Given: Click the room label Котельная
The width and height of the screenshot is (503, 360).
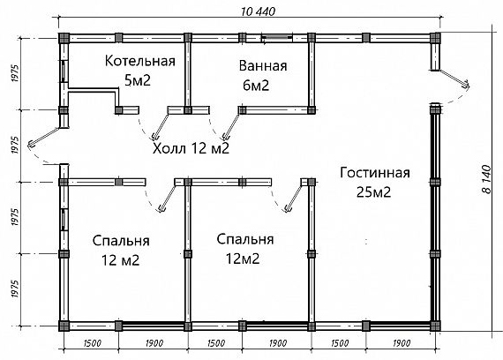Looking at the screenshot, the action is pos(140,61).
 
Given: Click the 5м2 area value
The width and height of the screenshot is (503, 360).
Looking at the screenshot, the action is pos(138,80).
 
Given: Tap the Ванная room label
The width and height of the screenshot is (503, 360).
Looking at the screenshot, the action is pos(263,66).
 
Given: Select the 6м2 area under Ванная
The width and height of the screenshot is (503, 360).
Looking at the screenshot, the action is pos(256,86).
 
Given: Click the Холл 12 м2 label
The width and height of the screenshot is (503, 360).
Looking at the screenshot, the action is pos(191,148).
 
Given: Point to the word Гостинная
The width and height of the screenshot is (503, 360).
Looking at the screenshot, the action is pos(375,173).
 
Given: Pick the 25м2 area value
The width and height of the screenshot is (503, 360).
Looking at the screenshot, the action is pos(373,192).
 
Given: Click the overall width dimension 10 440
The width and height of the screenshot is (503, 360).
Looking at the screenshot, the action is pos(258,11).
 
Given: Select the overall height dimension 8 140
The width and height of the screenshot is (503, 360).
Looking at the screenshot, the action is pos(486,179).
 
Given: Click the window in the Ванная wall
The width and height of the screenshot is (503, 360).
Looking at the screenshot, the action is pos(276,38).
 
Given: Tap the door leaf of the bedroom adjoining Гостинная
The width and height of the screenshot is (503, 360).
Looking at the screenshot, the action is pos(293,199).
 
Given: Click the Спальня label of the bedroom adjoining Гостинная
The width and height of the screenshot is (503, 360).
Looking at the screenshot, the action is pos(245,240).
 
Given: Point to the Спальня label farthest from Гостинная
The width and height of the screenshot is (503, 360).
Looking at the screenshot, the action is pos(121,241).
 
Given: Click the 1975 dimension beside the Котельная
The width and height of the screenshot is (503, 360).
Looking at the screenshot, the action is pos(15,74).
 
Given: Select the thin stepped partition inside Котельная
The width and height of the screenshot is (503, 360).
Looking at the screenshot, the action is pos(93,90).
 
